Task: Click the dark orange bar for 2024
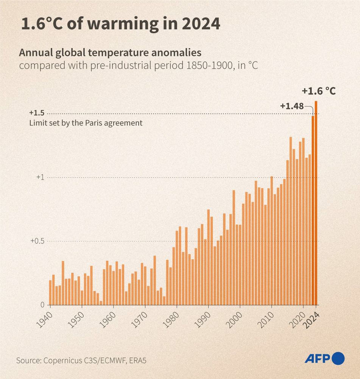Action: (316, 203)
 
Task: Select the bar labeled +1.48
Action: (313, 210)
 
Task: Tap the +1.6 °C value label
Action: (319, 91)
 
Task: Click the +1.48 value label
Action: (292, 106)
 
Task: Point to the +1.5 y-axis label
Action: (37, 113)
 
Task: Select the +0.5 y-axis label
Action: (37, 241)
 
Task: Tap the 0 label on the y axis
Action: (43, 305)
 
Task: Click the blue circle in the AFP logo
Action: (338, 358)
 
